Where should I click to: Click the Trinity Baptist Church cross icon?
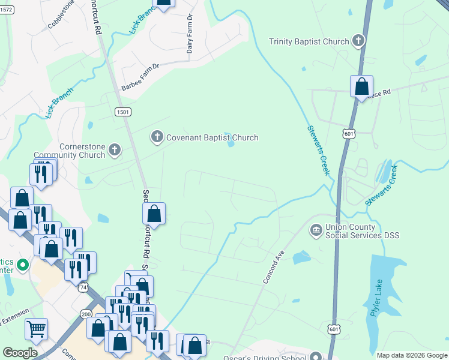pos(358,41)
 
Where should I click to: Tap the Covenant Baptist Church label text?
pos(212,137)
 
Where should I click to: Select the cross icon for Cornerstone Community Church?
pos(115,150)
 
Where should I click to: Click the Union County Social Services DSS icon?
pos(316,230)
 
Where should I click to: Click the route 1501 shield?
pos(122,112)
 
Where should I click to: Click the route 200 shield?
pos(86,314)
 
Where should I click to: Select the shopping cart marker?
pos(36,328)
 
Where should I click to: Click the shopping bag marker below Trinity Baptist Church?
pos(361,87)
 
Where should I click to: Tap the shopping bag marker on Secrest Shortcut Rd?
pos(154,213)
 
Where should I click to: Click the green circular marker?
pos(23,264)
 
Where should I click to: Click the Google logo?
pos(20,352)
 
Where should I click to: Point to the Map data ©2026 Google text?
pos(412,355)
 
